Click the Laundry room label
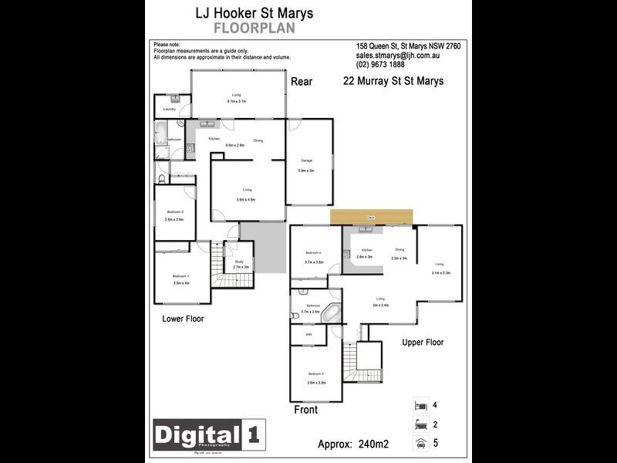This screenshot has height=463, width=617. coord(170,110)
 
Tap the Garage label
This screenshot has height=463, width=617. coord(306,160)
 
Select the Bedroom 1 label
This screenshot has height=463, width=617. coord(180,275)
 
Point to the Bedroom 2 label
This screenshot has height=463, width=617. coord(174,212)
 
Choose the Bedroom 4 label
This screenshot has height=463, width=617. coord(313,253)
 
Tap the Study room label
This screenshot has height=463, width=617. coord(240,262)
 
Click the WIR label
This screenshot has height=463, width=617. coord(308,335)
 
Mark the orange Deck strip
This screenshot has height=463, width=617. coord(372,218)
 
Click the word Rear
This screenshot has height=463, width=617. coord(301,82)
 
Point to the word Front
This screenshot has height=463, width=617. coord(305,411)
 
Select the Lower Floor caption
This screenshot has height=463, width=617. coord(183,319)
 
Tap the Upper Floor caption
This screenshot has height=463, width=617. coord(423,343)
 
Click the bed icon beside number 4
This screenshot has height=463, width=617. coord(420,405)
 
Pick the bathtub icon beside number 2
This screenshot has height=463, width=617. coord(420,424)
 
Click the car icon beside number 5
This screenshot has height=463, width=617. coord(420,443)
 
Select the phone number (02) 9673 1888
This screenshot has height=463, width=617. coord(380,65)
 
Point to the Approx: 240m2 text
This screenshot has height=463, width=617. coord(353,444)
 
